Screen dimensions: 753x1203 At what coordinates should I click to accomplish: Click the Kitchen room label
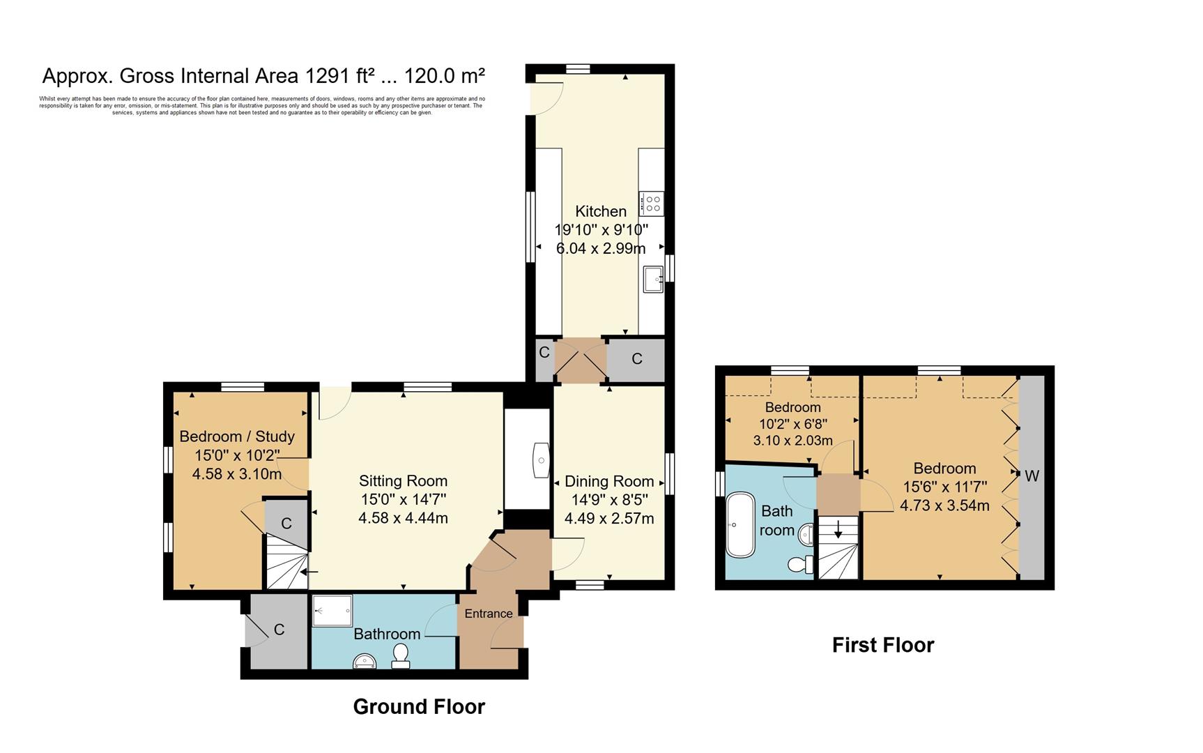click(600, 211)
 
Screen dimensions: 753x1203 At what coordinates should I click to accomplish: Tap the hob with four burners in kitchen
click(652, 204)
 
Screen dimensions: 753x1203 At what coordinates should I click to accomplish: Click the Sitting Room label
click(403, 480)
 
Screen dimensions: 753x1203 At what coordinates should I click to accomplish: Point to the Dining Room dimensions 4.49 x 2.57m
click(608, 518)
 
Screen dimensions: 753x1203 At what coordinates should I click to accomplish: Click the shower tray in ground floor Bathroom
click(332, 610)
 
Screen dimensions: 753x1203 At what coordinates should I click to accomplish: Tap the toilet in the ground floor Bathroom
click(401, 656)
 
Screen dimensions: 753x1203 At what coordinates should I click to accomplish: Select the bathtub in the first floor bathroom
click(740, 525)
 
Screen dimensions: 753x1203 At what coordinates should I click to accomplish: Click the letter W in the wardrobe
click(1032, 476)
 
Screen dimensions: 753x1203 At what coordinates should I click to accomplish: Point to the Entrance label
click(488, 614)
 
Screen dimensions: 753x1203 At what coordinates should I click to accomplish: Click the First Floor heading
click(882, 645)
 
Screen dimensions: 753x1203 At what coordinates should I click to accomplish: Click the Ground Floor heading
click(418, 706)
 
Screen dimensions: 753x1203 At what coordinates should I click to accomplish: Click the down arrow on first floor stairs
click(838, 529)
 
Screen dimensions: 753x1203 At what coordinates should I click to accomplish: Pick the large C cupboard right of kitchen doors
click(636, 359)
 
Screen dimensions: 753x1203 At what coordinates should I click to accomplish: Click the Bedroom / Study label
click(237, 436)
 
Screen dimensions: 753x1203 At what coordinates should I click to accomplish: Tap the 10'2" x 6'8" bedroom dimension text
click(792, 424)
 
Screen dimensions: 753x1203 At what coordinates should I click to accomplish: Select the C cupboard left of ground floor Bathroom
click(279, 630)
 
